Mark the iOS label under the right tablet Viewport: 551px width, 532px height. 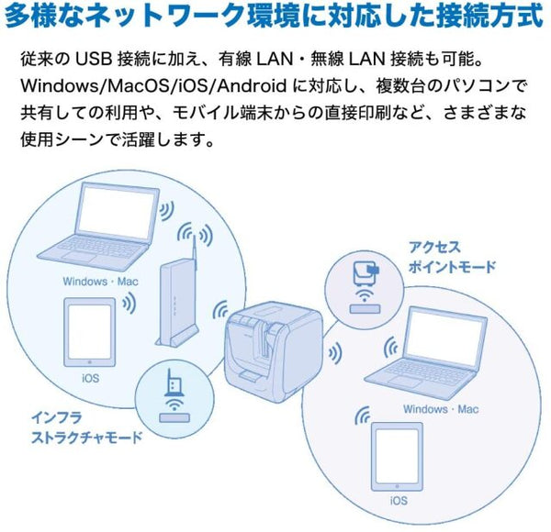399,501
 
